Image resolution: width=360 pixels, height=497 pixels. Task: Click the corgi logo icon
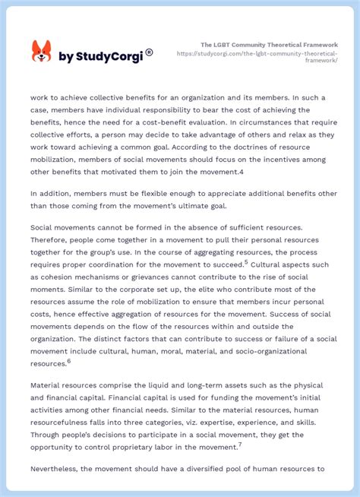point(41,52)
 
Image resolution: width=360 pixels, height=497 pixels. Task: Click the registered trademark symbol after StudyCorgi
point(149,52)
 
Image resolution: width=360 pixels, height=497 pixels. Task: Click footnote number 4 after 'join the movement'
point(241,171)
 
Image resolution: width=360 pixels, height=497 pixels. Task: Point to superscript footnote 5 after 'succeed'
point(245,262)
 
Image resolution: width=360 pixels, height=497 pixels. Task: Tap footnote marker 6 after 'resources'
point(68,361)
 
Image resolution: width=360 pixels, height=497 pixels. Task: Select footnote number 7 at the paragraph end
point(240,445)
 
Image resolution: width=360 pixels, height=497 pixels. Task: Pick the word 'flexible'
point(162,193)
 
